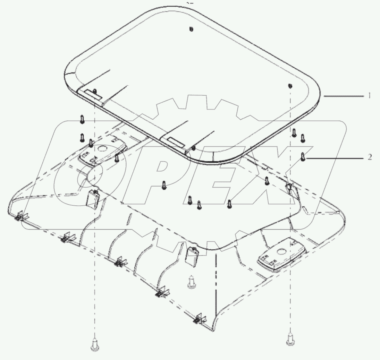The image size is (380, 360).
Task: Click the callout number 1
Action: click(x=370, y=95)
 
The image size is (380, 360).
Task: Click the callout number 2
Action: click(x=370, y=157)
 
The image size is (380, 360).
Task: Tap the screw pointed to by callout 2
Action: click(x=303, y=156)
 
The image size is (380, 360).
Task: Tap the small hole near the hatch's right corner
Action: click(x=290, y=85)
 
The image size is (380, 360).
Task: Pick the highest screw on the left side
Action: click(x=82, y=119)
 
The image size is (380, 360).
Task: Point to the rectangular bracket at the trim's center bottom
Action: click(x=192, y=256)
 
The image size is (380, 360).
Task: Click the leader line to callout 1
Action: click(x=344, y=95)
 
